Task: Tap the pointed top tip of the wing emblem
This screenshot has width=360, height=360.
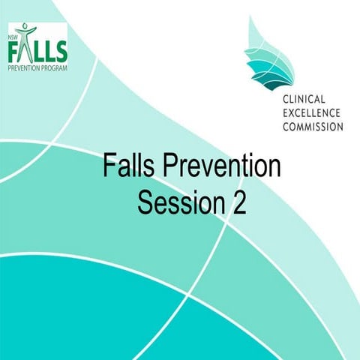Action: [x=259, y=16]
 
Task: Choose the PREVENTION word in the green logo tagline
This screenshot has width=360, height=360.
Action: [x=25, y=67]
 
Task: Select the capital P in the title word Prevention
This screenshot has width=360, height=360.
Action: [x=173, y=166]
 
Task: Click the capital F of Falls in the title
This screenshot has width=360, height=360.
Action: [x=109, y=166]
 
